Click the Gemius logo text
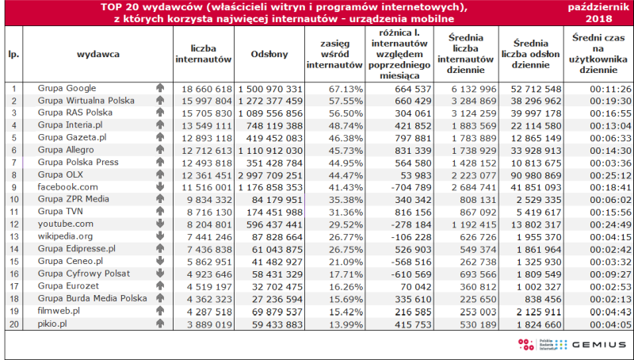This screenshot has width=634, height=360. [599, 345]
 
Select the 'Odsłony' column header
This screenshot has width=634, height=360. [269, 54]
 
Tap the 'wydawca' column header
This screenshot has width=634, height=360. [98, 54]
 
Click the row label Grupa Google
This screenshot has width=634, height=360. [67, 88]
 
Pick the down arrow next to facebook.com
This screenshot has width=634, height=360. [160, 187]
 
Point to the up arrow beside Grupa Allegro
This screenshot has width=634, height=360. [160, 150]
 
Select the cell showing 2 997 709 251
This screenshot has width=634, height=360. [270, 175]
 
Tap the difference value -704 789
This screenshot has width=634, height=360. [411, 188]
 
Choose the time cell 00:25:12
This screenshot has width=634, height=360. [610, 175]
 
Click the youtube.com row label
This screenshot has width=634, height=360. [66, 224]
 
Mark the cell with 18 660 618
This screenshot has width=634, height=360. [207, 89]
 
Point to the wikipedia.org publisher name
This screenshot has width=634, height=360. [65, 236]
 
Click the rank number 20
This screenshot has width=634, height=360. [14, 324]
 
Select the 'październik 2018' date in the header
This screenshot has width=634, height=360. [598, 13]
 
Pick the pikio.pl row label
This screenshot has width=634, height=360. [52, 324]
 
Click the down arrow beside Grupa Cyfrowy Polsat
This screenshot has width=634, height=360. [160, 274]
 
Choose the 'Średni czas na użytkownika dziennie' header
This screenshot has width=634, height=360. [598, 54]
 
